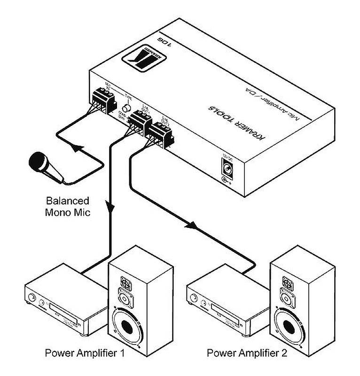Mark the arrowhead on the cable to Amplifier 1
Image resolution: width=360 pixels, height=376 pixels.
(111, 207)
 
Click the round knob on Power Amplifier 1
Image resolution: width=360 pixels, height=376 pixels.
(31, 298)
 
